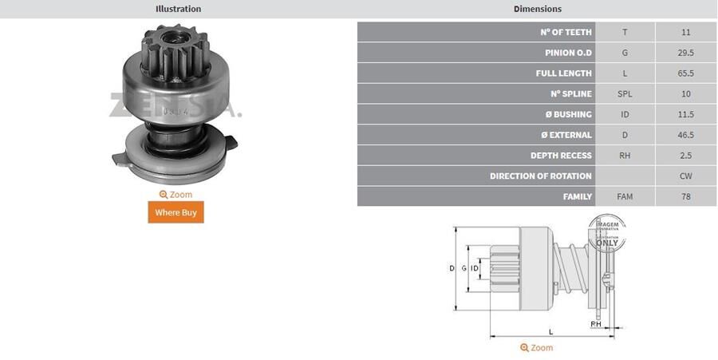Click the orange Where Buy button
tap(176, 212)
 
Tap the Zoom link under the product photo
tap(176, 195)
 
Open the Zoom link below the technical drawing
tap(536, 348)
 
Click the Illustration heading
tap(178, 9)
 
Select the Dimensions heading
tap(537, 9)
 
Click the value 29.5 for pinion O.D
tap(686, 53)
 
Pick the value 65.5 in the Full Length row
tap(686, 73)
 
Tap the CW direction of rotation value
tap(686, 176)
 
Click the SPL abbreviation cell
tap(625, 94)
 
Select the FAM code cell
tap(625, 196)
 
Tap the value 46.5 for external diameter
tap(686, 135)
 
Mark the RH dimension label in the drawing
tap(595, 324)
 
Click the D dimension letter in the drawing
tap(452, 268)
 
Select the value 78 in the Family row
tap(686, 196)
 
